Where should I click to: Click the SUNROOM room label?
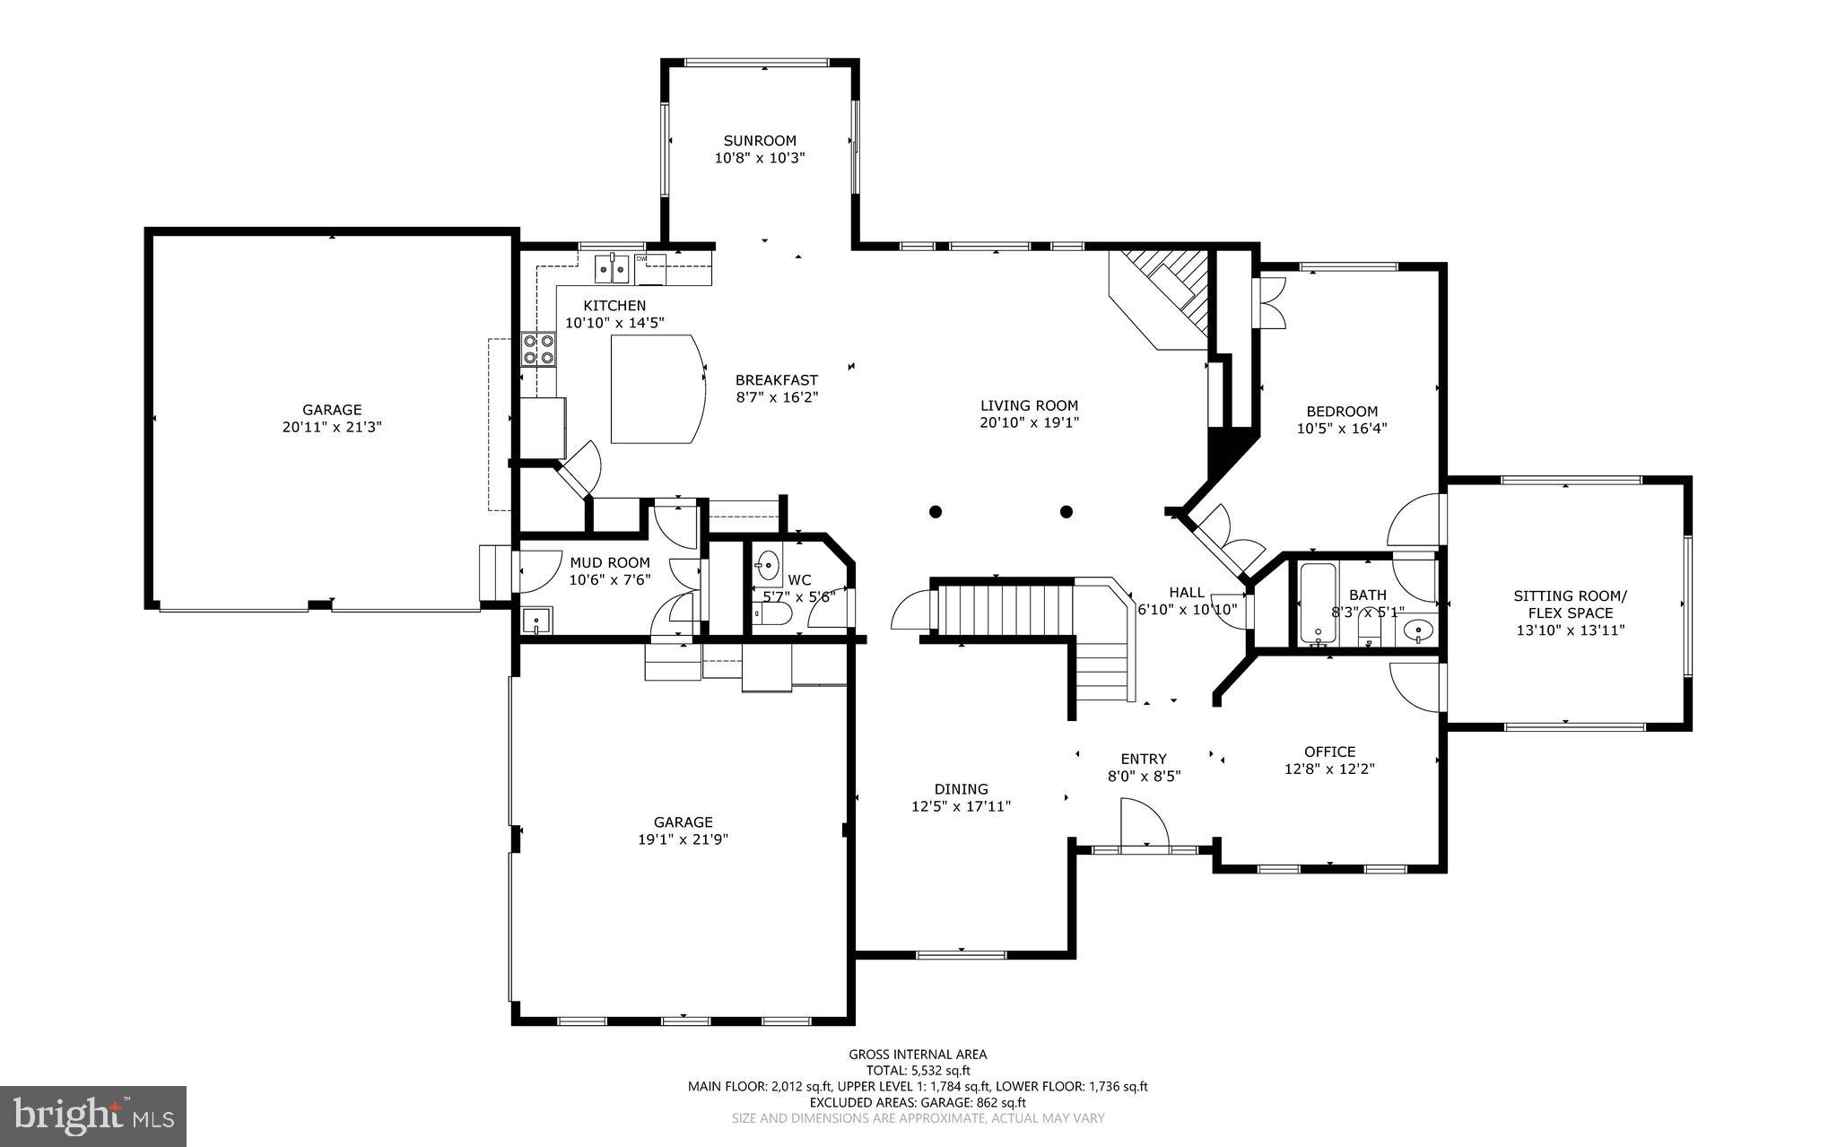(760, 141)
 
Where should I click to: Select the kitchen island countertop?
(656, 388)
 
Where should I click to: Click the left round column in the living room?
(936, 512)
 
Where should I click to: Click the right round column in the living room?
(1067, 512)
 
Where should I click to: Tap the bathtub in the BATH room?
(1319, 604)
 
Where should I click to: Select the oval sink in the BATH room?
(1418, 630)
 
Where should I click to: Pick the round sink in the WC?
(768, 565)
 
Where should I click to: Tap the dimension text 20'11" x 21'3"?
(332, 428)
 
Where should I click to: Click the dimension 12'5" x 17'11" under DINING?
(961, 806)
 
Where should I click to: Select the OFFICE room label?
(1329, 752)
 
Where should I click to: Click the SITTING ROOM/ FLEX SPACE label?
(1570, 604)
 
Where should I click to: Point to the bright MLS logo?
(93, 1116)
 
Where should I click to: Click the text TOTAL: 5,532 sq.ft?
(918, 1070)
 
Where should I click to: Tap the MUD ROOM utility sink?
(536, 621)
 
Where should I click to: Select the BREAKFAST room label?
(777, 379)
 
